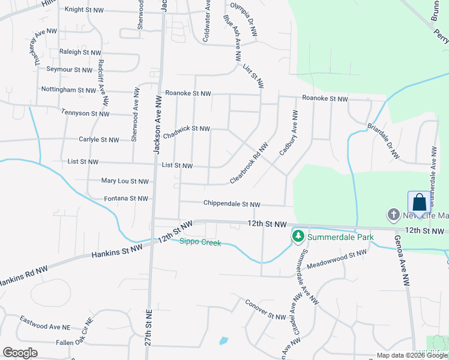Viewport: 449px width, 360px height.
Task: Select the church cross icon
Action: (x=394, y=215)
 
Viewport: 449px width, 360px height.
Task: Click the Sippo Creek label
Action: (x=200, y=242)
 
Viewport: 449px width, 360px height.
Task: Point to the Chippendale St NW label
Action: (x=232, y=204)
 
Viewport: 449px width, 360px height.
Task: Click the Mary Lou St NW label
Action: (x=125, y=181)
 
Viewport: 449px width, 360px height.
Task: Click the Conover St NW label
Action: (x=266, y=310)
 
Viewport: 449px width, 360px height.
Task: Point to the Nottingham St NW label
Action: (x=68, y=90)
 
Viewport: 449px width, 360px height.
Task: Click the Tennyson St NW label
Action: (x=85, y=113)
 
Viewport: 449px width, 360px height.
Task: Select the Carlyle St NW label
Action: (x=99, y=140)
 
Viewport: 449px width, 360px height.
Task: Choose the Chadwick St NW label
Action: (x=187, y=131)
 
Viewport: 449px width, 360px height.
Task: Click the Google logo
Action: (x=20, y=353)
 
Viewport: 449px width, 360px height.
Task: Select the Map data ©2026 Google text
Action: (x=412, y=355)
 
